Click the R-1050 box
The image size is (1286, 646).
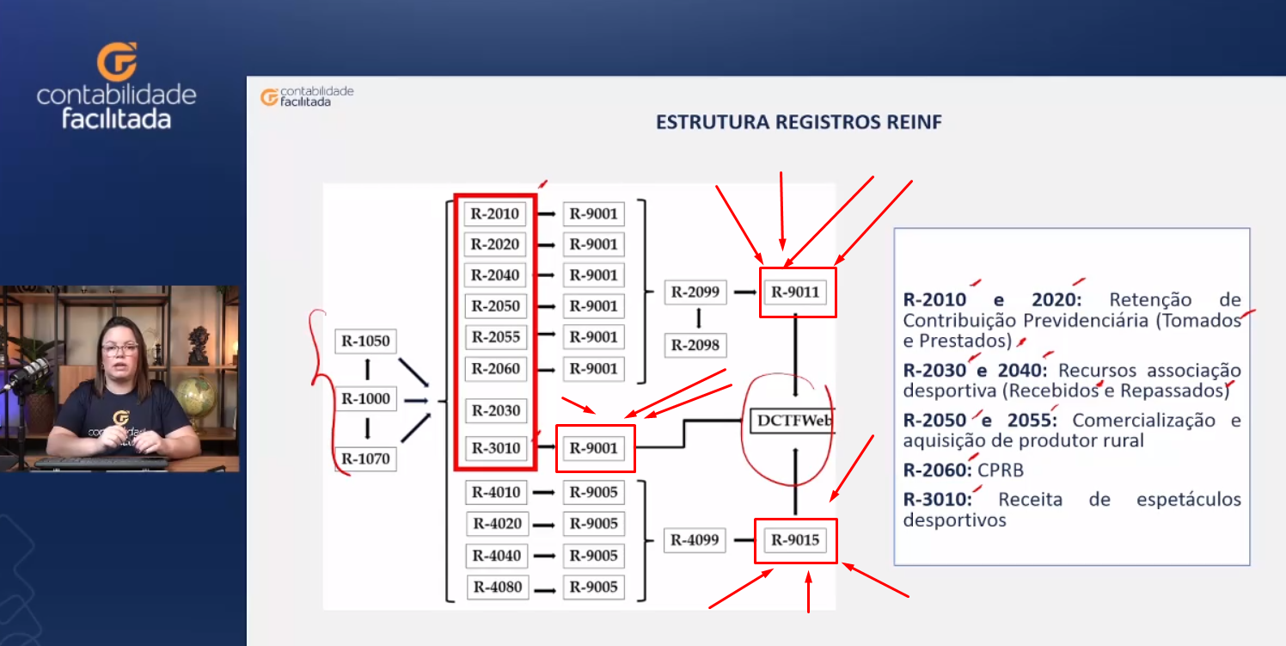click(x=365, y=341)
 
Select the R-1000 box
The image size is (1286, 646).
click(x=365, y=398)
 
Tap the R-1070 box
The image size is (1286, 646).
click(x=365, y=458)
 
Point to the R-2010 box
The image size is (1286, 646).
click(x=495, y=214)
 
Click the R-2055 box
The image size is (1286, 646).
click(x=495, y=337)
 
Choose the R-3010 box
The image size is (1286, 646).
click(x=495, y=447)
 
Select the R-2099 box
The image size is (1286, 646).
click(x=695, y=292)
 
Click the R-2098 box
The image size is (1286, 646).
click(x=695, y=345)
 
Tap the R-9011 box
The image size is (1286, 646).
click(x=795, y=292)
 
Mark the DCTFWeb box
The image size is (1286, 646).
click(x=793, y=421)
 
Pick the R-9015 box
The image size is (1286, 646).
click(x=795, y=540)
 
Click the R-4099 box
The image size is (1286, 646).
click(x=695, y=540)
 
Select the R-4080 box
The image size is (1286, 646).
click(x=498, y=588)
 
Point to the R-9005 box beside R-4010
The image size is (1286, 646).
click(x=594, y=493)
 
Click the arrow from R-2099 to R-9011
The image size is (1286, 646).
click(x=745, y=292)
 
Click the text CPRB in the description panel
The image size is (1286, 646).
click(x=1001, y=471)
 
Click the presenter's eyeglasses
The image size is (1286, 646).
click(x=120, y=348)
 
